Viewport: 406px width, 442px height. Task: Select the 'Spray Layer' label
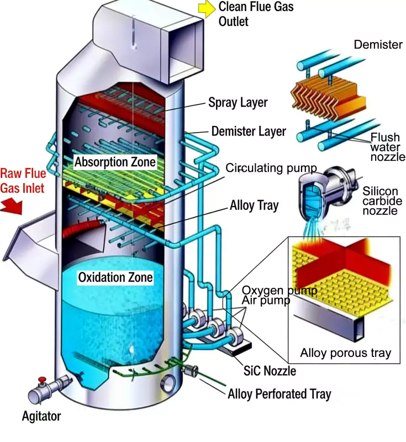pyautogui.click(x=238, y=103)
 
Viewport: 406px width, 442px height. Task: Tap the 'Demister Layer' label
pyautogui.click(x=249, y=131)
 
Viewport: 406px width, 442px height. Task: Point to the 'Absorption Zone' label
pyautogui.click(x=115, y=162)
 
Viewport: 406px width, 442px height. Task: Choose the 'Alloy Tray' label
pyautogui.click(x=254, y=207)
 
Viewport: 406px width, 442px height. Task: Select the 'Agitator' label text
pyautogui.click(x=41, y=416)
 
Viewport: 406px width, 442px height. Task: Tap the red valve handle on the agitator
pyautogui.click(x=41, y=380)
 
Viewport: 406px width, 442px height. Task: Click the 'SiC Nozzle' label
pyautogui.click(x=270, y=371)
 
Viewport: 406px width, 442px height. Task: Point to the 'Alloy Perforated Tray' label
pyautogui.click(x=279, y=394)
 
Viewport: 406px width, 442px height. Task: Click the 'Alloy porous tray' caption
pyautogui.click(x=345, y=353)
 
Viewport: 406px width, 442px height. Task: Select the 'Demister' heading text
pyautogui.click(x=378, y=45)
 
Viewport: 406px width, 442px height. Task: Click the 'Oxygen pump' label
pyautogui.click(x=280, y=291)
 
